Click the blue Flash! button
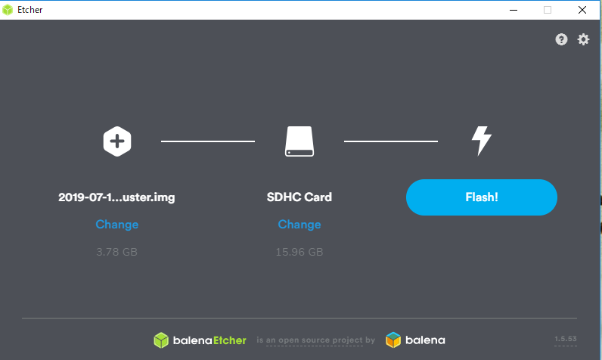(x=482, y=197)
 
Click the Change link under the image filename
(x=116, y=225)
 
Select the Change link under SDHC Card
(x=299, y=225)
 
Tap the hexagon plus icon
(x=117, y=141)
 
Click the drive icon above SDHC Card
(x=299, y=141)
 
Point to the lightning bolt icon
(x=482, y=141)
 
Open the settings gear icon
(x=583, y=39)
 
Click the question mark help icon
(x=561, y=39)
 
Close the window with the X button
(x=582, y=10)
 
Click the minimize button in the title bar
(x=514, y=10)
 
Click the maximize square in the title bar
(x=548, y=10)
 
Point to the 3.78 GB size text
(x=116, y=252)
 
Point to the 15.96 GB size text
(x=299, y=252)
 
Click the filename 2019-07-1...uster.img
(x=116, y=197)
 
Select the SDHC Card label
(x=299, y=197)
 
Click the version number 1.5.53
(x=566, y=339)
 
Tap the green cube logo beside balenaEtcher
(x=161, y=340)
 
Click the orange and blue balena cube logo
(x=393, y=340)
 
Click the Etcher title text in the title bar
(x=30, y=10)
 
